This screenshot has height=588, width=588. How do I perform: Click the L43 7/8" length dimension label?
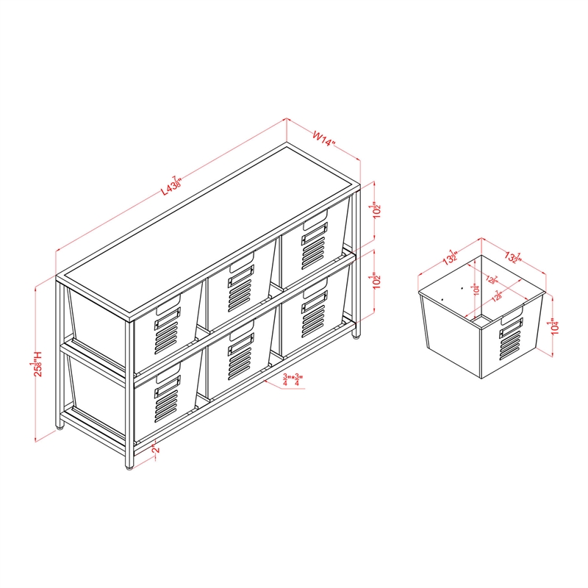click(x=171, y=183)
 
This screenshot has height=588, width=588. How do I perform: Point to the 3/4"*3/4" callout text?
click(x=293, y=380)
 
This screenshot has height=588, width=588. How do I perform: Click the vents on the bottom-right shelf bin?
click(x=313, y=318)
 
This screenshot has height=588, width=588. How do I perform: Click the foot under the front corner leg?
click(x=129, y=462)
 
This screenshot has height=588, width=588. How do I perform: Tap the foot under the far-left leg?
click(x=60, y=424)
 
